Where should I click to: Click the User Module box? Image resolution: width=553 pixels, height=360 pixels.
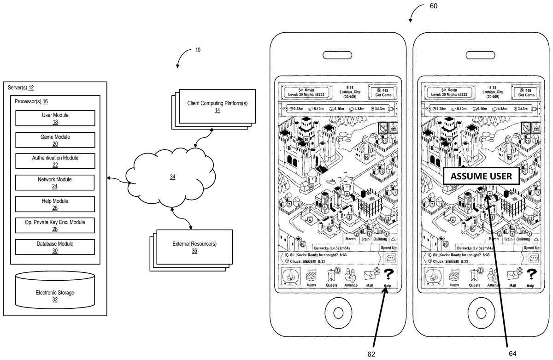click(55, 118)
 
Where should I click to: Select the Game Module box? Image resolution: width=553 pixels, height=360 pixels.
click(55, 140)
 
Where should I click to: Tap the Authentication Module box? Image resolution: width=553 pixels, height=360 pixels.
click(55, 161)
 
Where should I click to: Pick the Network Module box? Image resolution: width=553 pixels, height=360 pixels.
click(55, 183)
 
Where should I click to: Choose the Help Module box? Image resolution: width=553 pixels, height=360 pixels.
click(55, 204)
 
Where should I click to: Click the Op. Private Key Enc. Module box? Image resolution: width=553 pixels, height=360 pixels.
click(55, 225)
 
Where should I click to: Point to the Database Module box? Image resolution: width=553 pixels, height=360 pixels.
click(55, 247)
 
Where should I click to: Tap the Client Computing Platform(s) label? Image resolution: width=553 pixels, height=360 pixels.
click(217, 106)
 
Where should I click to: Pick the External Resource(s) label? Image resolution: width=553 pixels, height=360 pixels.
click(194, 247)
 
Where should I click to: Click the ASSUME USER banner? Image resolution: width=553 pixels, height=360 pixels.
click(481, 176)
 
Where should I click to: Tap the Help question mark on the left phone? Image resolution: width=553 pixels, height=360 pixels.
click(388, 276)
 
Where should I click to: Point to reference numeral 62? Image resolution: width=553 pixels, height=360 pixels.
click(371, 354)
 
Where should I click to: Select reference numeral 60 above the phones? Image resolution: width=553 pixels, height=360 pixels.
click(433, 6)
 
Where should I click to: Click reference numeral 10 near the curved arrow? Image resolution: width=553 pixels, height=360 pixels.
click(197, 50)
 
